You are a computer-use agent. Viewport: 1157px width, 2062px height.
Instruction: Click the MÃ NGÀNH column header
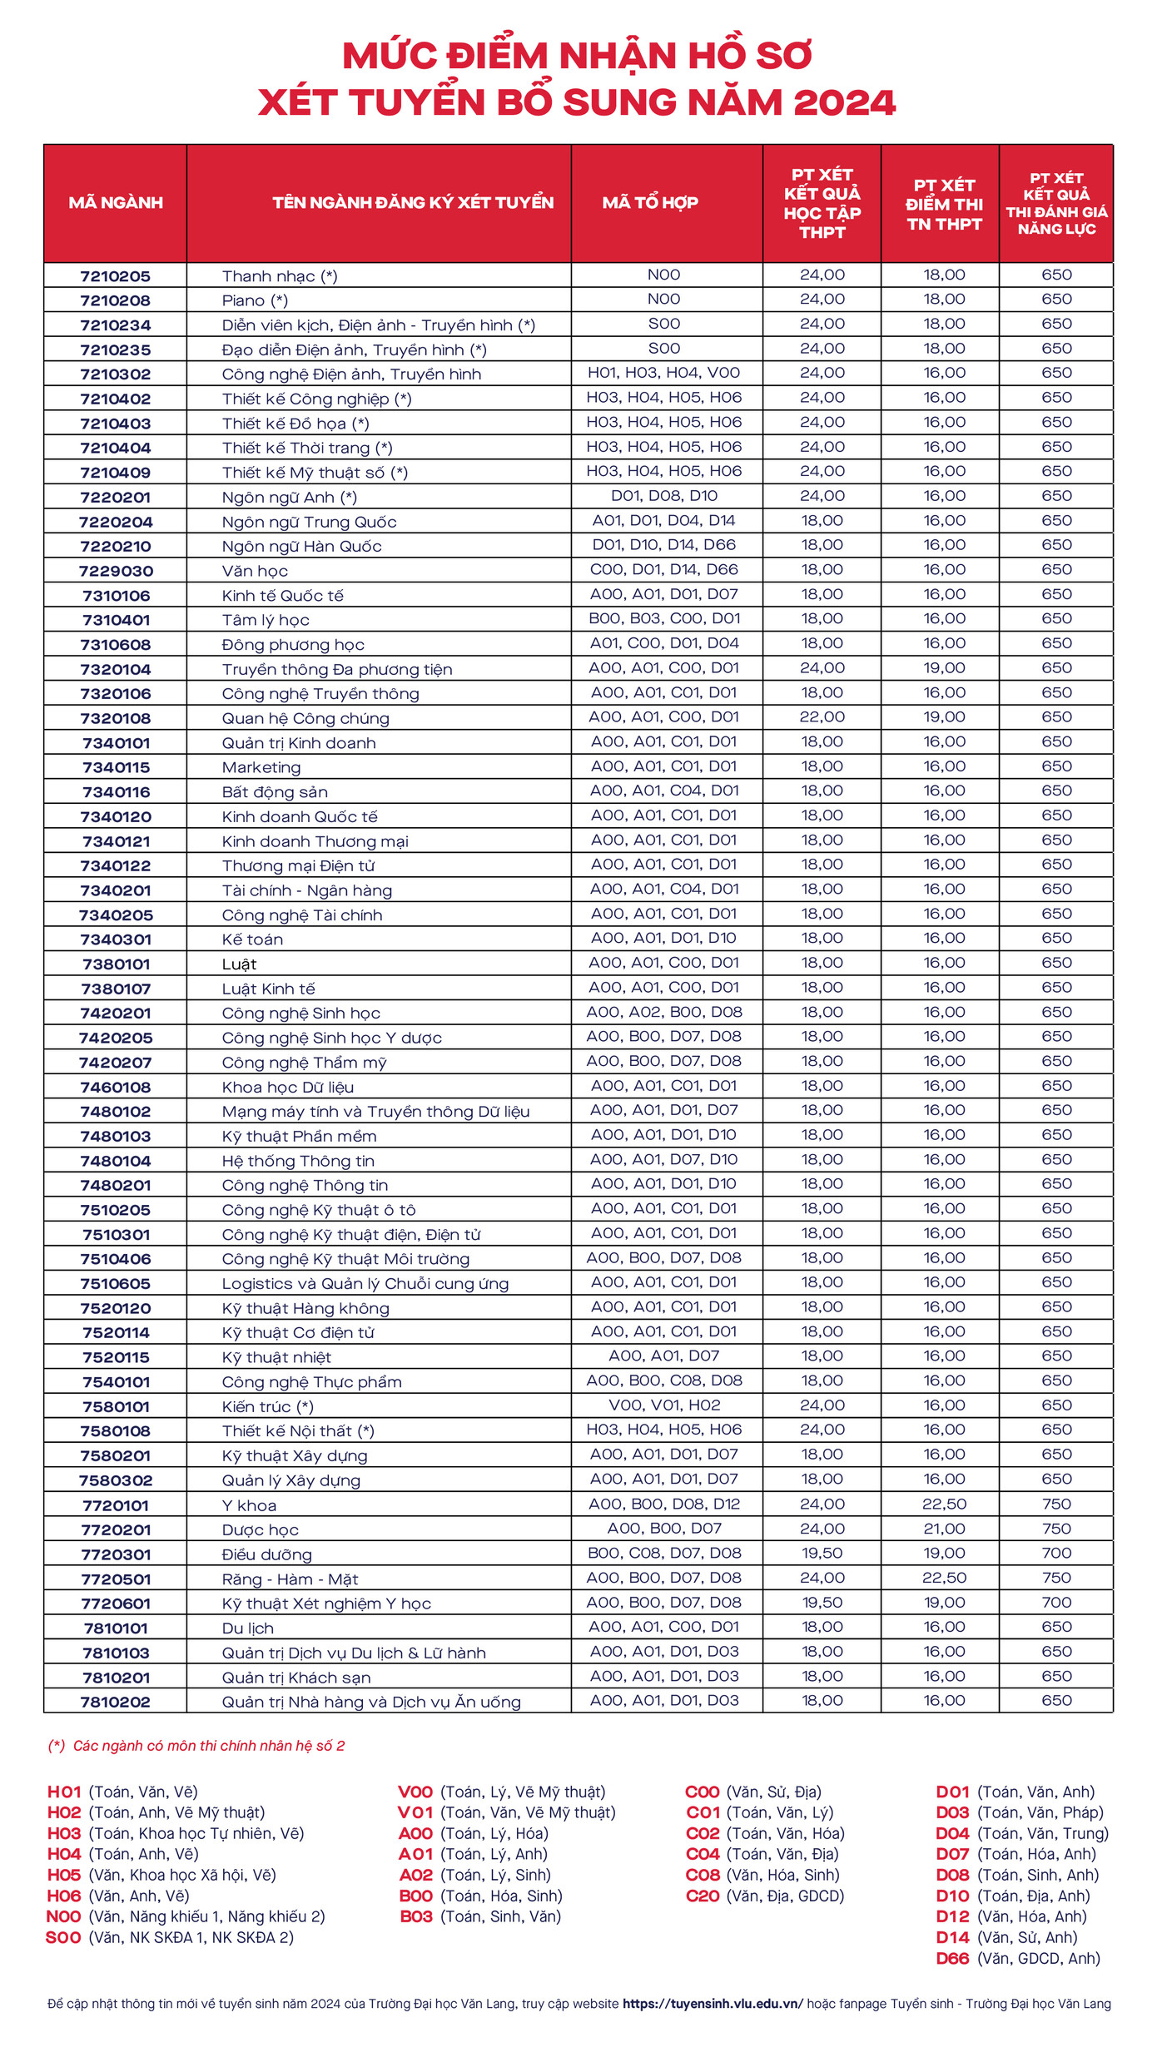pos(116,203)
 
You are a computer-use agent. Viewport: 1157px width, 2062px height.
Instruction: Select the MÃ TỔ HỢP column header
pos(650,203)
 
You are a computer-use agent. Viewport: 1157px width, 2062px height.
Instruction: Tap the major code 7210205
pos(116,276)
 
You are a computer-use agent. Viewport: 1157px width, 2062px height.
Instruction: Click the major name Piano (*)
pos(255,300)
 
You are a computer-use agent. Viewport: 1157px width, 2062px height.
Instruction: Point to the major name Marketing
pos(261,767)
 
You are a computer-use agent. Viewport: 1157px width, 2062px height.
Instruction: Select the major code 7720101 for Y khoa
pos(116,1505)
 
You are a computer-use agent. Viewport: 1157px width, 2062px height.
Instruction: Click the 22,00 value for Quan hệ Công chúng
pos(822,717)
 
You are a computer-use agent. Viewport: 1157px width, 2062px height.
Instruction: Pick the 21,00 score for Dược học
pos(944,1529)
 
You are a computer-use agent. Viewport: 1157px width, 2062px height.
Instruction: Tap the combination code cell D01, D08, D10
pos(664,496)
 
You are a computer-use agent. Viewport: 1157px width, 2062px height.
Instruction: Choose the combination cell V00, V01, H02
pos(664,1405)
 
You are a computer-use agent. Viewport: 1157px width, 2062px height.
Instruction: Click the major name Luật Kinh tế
pos(269,989)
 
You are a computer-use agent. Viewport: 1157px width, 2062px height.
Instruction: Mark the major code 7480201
pos(116,1185)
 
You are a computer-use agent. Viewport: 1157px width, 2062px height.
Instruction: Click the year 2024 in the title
pos(844,103)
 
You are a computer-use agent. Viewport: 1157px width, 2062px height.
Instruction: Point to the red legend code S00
pos(63,1938)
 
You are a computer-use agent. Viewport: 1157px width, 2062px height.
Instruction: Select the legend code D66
pos(952,1959)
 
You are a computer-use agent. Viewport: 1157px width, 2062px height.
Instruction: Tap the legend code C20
pos(703,1896)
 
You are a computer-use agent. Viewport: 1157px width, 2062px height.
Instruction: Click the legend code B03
pos(416,1917)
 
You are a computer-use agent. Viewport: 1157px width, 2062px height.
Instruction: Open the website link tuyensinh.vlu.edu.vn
pos(713,2004)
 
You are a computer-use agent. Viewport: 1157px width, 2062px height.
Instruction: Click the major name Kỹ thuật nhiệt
pos(276,1357)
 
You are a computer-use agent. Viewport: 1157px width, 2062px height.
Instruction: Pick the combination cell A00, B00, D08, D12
pos(664,1504)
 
